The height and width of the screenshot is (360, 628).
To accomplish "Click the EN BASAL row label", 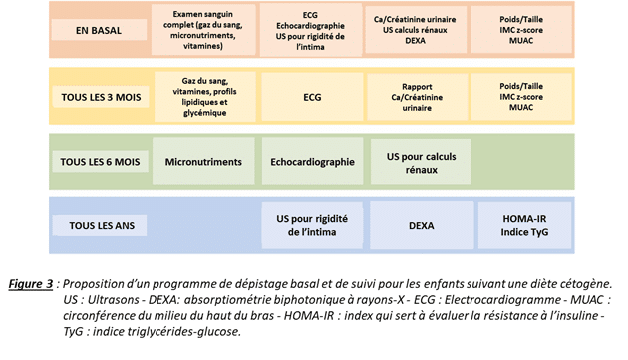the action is coord(99,30).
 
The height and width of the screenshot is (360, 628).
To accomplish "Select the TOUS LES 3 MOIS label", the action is coord(101,97).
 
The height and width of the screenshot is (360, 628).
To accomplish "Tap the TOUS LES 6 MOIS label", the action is coord(100,162).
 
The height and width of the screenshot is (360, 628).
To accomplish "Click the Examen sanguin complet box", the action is coord(203,30).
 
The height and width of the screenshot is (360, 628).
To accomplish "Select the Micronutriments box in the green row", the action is coord(203,162).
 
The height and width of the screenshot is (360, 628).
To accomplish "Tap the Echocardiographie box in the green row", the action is coord(312,162).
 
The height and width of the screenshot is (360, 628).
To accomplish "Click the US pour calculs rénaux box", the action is coord(421,162).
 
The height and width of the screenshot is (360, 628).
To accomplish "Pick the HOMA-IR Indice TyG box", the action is coord(524,225).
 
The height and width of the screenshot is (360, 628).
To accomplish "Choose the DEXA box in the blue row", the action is coord(422,225).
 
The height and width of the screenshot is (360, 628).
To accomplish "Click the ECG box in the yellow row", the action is coord(312,97).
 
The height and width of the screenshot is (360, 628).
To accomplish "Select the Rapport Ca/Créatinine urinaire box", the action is coord(417,97).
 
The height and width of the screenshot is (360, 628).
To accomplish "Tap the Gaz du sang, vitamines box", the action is coord(204,97).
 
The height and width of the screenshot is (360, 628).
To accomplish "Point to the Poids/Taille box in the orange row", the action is coord(521,30).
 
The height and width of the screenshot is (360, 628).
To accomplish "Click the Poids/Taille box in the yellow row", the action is coord(521,97).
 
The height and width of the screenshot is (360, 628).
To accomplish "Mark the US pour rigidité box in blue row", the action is coord(312,225).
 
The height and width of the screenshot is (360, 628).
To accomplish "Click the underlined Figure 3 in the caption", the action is coord(31,284).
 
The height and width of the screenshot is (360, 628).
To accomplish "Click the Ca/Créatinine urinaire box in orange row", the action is coord(416,30).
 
